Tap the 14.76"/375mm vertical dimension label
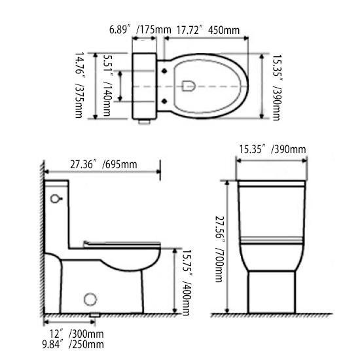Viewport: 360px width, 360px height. [79, 86]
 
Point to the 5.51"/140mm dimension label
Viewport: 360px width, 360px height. [106, 86]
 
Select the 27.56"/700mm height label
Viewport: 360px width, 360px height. [219, 246]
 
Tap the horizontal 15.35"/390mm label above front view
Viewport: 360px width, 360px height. [272, 150]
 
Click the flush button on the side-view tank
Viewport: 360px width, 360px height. [54, 198]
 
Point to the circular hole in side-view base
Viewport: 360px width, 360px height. [88, 300]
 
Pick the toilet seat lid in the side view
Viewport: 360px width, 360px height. [121, 245]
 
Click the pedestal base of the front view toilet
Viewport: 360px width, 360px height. [270, 291]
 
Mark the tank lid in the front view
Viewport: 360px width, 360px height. [271, 183]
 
